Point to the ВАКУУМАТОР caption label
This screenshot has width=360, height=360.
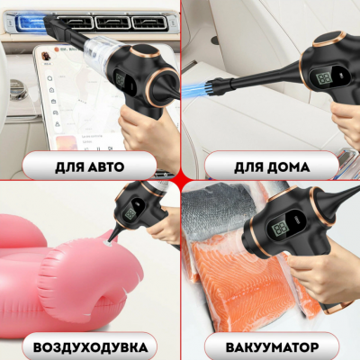coord(269,346)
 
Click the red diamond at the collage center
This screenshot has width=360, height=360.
coord(179,179)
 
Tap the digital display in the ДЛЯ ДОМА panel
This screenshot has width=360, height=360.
coord(323,79)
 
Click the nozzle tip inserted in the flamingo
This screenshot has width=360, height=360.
coord(108,240)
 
